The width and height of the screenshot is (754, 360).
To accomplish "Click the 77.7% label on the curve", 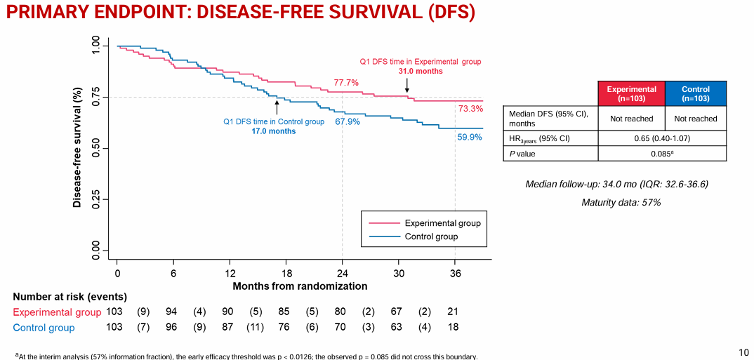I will pos(346,83).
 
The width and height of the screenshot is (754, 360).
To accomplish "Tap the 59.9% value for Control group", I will pos(470,138).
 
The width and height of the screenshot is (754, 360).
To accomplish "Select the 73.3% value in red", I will pos(470,109).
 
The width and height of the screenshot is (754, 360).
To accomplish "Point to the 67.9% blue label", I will pos(348,121).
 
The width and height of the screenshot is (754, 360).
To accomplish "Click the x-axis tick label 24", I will pos(342,273).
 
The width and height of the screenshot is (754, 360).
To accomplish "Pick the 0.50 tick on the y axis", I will pos(96,149).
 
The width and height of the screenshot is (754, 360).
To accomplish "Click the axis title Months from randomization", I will pos(300,286).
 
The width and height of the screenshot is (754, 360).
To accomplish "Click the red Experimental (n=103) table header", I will pos(631,93).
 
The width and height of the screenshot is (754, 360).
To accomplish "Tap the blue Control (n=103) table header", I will pos(695,93).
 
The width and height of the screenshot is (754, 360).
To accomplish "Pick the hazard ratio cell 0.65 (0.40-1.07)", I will pos(662,138).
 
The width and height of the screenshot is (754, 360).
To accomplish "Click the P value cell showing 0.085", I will pos(662,154).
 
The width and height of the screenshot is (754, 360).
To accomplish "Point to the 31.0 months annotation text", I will pos(421,72).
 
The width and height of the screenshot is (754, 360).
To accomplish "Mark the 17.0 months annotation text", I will pos(274,131).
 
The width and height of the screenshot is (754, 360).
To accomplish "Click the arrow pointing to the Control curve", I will pos(277,107).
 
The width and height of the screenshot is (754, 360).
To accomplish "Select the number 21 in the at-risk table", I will pos(453,312).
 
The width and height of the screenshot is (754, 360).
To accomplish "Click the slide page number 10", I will pos(744,352).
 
